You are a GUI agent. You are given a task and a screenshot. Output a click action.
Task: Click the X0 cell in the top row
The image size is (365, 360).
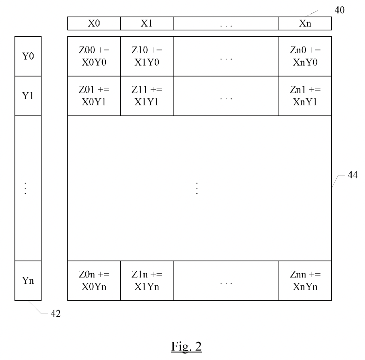tap(94, 24)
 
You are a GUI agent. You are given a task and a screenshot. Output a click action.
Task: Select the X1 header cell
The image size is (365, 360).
tap(147, 24)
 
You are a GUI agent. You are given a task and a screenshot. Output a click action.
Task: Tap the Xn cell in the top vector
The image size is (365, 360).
tap(305, 24)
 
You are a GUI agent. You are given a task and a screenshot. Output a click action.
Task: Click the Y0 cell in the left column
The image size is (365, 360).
tap(28, 56)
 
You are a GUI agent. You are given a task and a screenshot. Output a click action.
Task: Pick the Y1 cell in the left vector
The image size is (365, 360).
tap(28, 96)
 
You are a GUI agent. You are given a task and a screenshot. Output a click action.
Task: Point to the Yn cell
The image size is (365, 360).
tap(28, 280)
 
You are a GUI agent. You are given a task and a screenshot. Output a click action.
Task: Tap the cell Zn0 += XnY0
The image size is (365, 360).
tap(305, 56)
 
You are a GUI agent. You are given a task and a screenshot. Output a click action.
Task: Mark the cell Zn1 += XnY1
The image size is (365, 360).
tap(305, 96)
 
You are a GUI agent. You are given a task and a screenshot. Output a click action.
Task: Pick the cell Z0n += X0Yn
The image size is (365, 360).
tap(94, 280)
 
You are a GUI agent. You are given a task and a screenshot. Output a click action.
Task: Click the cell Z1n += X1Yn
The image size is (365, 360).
tap(147, 280)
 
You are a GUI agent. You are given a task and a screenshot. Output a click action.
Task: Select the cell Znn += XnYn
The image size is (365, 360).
tap(305, 280)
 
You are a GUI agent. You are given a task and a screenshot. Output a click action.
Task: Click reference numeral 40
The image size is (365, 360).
tap(339, 10)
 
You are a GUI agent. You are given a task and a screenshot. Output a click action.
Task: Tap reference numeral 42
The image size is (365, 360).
tap(55, 314)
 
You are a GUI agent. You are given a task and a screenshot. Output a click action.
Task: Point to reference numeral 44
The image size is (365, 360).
tap(352, 175)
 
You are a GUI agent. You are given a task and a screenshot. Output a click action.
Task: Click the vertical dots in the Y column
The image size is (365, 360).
tap(26, 188)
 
